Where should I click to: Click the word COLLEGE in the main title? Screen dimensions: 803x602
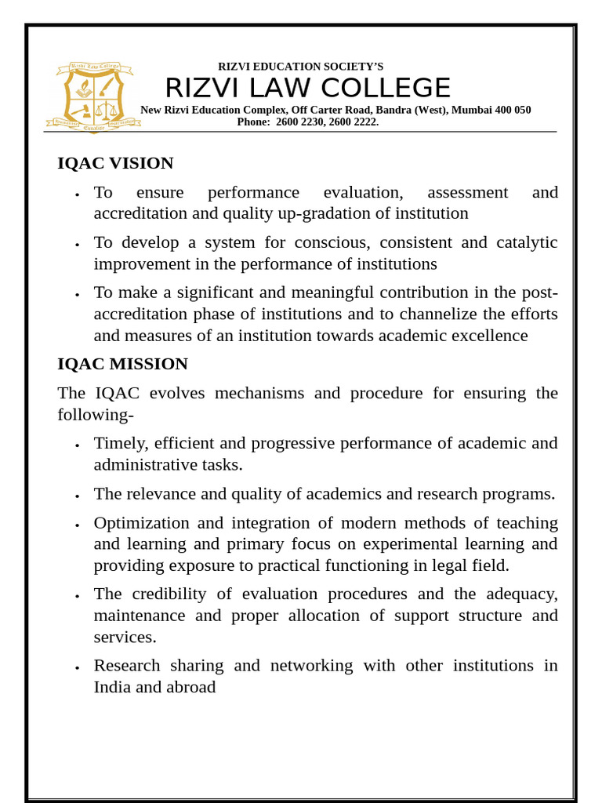tap(386, 88)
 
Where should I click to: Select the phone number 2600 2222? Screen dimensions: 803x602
tap(354, 122)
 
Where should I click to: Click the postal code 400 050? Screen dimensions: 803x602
tap(513, 110)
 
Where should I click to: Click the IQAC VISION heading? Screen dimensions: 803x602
tap(115, 163)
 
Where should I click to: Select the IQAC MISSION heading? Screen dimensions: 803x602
tap(122, 364)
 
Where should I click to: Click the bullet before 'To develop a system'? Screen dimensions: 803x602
tap(77, 245)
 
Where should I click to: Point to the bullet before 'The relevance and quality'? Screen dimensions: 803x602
tap(77, 496)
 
